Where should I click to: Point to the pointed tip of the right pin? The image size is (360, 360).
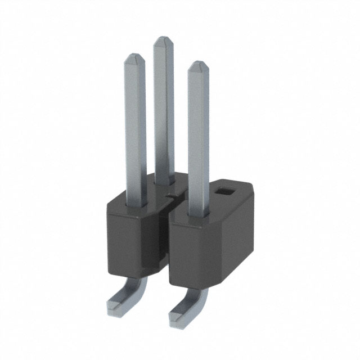tap(198, 65)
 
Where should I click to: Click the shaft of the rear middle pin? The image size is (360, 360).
tap(164, 112)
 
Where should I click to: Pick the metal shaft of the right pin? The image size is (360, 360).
tap(198, 141)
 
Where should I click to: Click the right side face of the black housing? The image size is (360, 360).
tap(239, 231)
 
